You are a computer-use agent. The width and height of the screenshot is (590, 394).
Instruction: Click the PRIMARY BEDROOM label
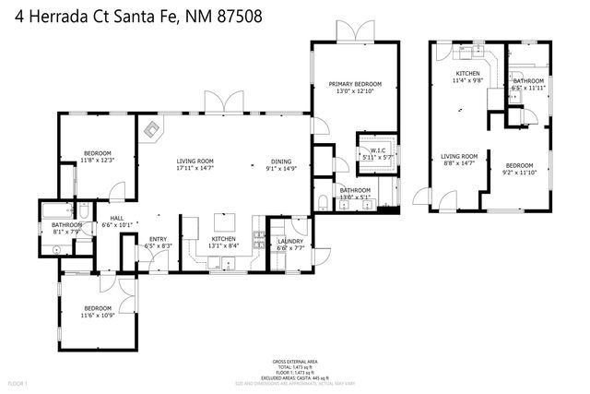355,84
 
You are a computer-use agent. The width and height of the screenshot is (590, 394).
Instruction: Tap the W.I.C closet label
376,150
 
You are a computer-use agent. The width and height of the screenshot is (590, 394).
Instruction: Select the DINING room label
280,161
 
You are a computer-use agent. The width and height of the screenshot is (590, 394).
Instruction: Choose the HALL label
116,216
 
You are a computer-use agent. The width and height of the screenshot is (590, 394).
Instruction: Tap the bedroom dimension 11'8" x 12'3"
97,161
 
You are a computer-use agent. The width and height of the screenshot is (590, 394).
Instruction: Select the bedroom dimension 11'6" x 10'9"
97,316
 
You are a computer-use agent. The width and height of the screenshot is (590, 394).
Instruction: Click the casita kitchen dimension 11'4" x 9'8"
469,81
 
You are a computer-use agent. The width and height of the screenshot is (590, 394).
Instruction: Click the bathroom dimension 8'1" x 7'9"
66,233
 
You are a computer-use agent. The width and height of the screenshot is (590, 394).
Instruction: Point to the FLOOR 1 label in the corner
18,383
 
